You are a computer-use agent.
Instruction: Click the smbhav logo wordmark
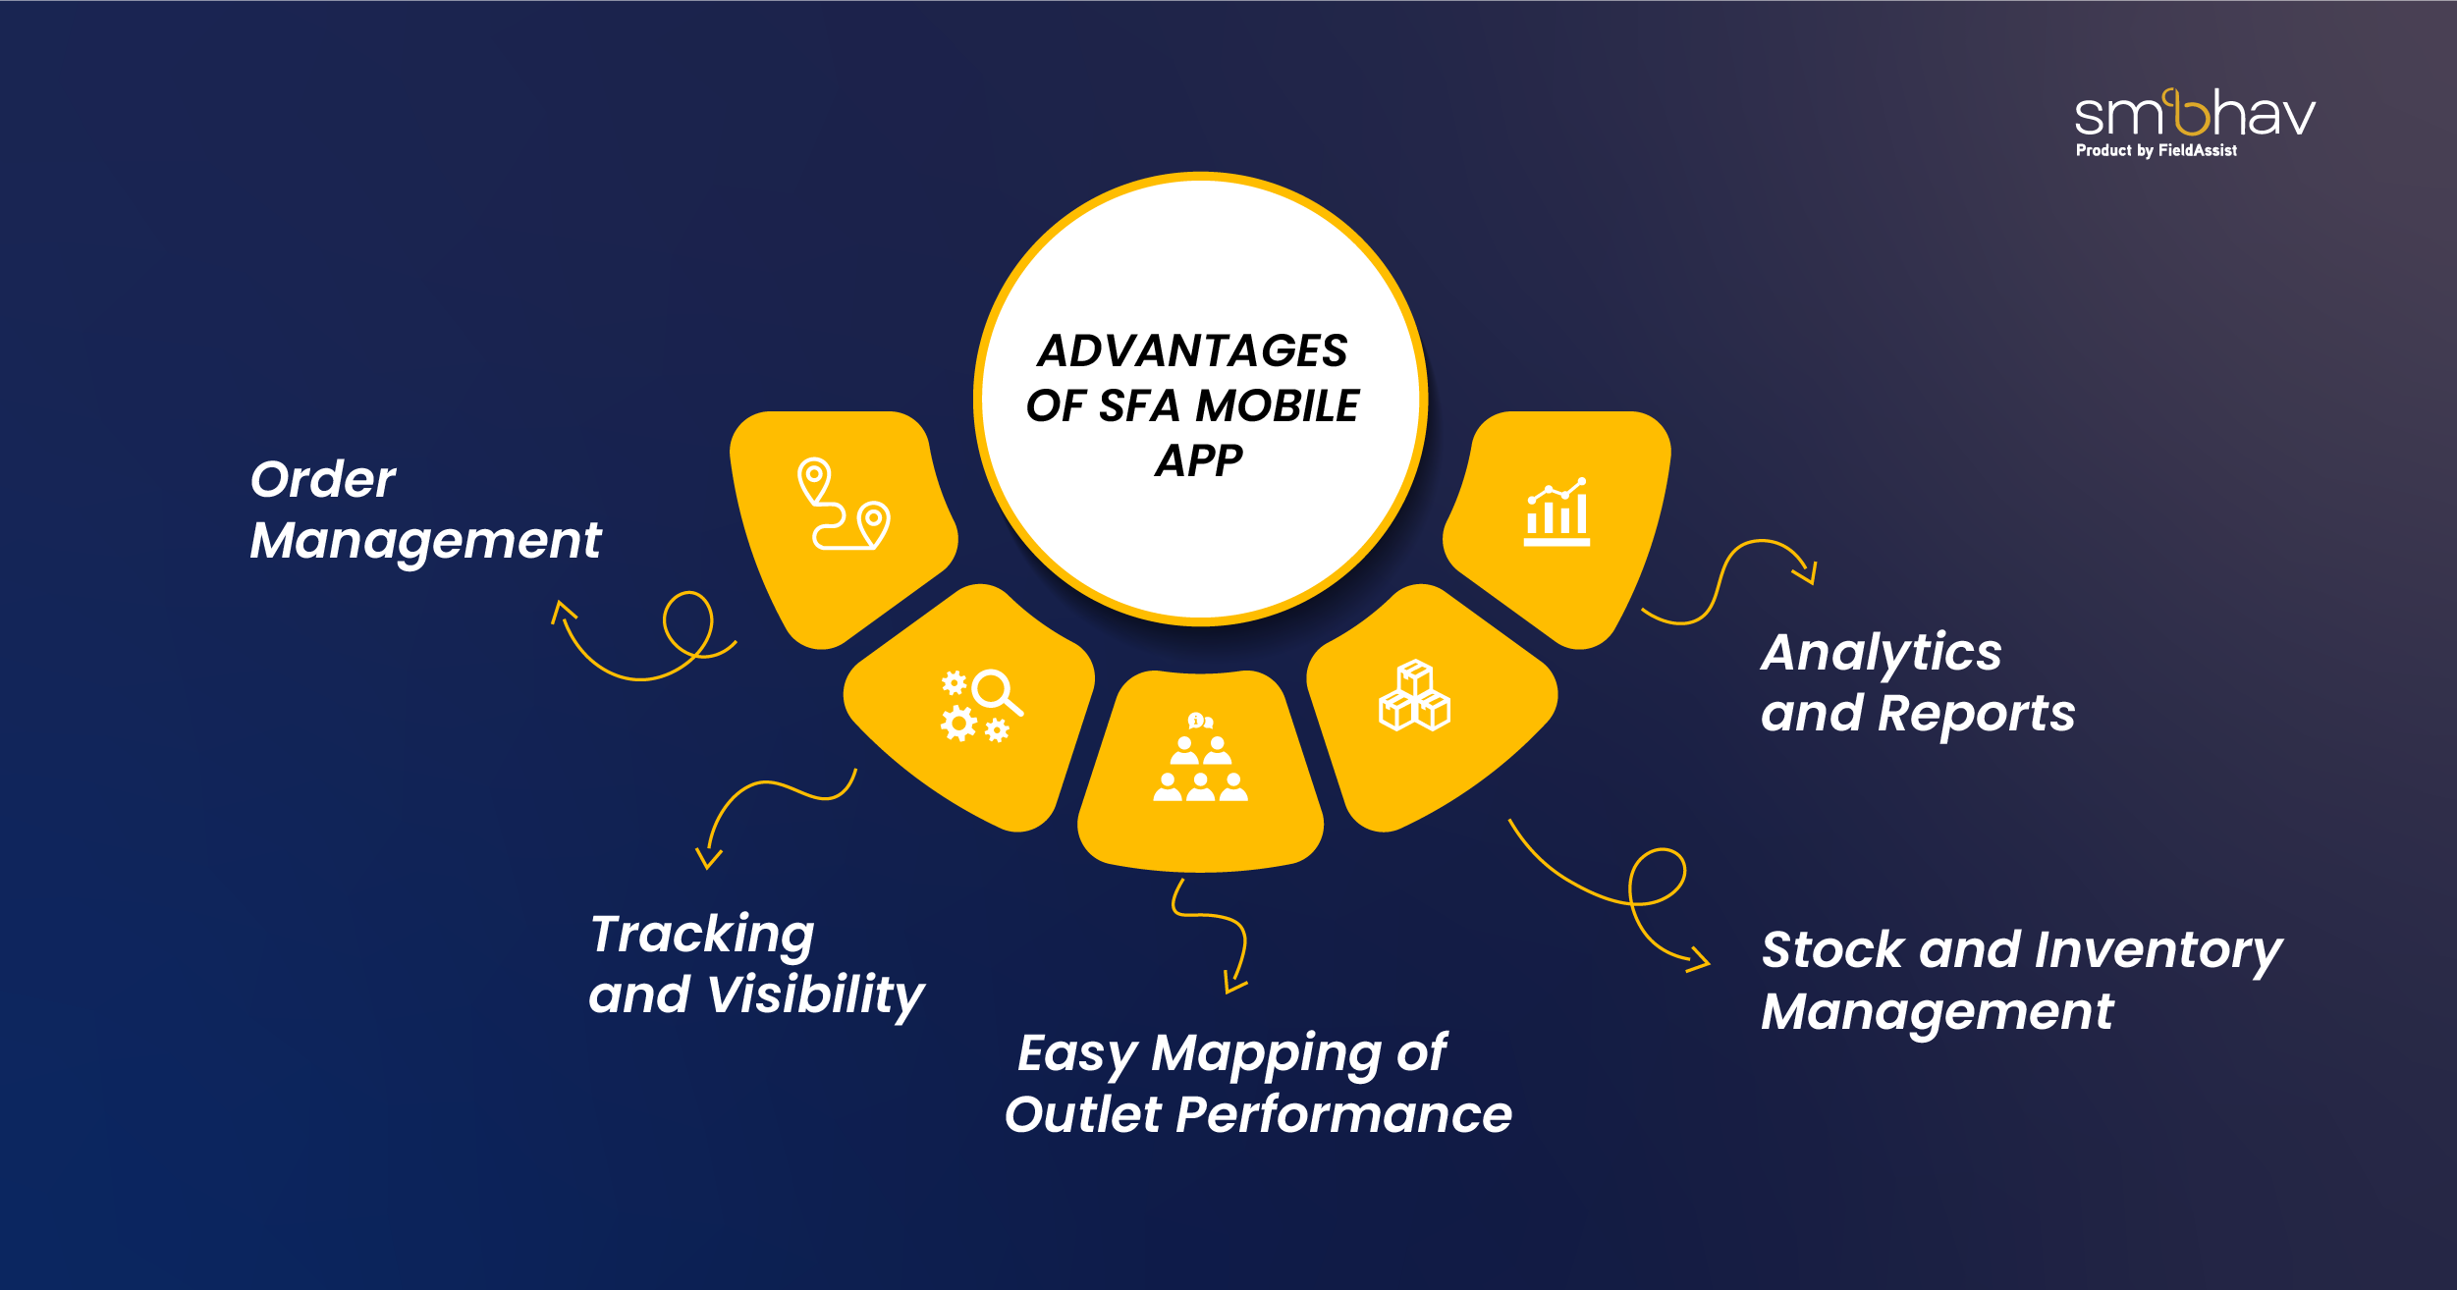pos(2194,114)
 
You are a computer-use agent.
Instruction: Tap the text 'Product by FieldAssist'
pos(2156,150)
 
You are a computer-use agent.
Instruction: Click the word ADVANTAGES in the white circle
pos(1192,350)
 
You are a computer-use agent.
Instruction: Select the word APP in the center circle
pos(1198,460)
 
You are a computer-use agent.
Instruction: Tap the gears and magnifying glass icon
pos(981,706)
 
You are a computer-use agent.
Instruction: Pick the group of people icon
pos(1200,759)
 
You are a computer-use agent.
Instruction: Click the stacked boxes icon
pos(1414,696)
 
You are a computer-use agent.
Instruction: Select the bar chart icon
pos(1556,512)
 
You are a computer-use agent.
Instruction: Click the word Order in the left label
pos(323,479)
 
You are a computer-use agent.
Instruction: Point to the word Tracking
pos(702,934)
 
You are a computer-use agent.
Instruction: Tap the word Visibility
pos(815,995)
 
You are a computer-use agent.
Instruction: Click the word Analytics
pos(1881,653)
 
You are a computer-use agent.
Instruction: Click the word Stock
pos(1832,950)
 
